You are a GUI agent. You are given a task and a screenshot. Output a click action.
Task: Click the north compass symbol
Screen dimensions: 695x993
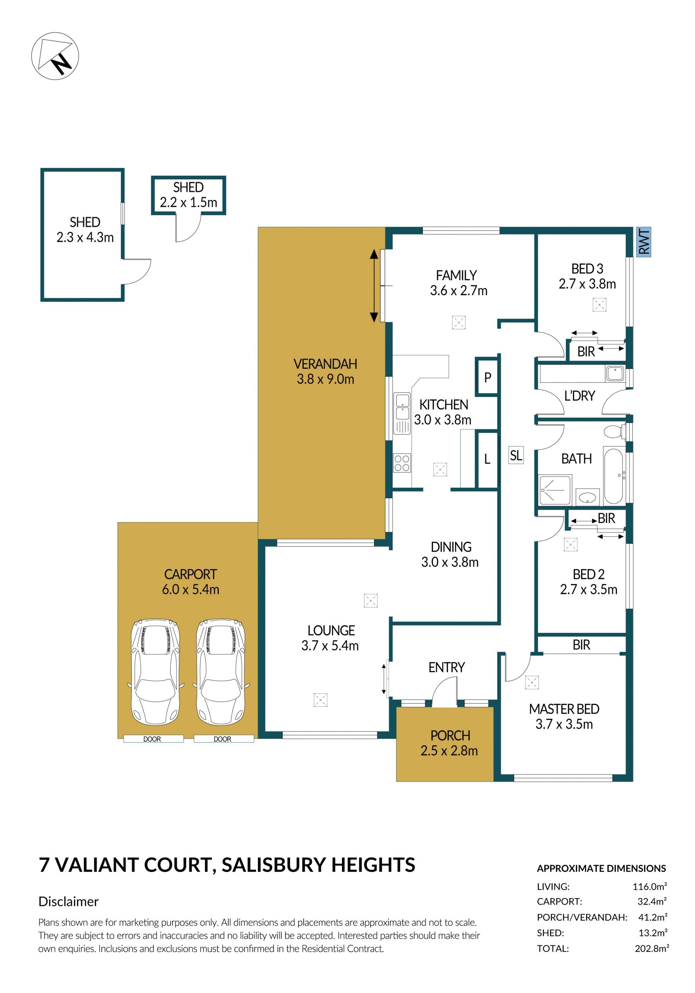tap(55, 56)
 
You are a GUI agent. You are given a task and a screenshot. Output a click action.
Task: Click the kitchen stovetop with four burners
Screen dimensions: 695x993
tap(401, 463)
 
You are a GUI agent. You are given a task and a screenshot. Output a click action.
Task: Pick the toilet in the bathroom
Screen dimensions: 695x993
tap(614, 431)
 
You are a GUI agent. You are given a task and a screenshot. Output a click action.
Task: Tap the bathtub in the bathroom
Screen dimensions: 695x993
tap(613, 476)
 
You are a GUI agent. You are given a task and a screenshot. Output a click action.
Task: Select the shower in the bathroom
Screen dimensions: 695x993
tap(555, 489)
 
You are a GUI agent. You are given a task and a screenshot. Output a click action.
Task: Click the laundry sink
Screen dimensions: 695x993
tap(614, 373)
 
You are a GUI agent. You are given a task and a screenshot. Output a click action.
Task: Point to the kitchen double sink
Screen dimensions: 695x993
tap(401, 413)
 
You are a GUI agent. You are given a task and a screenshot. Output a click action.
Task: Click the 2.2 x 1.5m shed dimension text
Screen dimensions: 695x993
tap(189, 202)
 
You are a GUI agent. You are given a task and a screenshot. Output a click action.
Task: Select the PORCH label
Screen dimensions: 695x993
tap(450, 736)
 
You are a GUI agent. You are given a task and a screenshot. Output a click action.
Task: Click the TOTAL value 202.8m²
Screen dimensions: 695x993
tap(652, 949)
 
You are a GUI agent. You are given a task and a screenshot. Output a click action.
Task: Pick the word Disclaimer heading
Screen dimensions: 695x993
tap(68, 901)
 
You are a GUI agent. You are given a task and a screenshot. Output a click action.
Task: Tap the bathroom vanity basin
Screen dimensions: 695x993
tap(587, 497)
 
